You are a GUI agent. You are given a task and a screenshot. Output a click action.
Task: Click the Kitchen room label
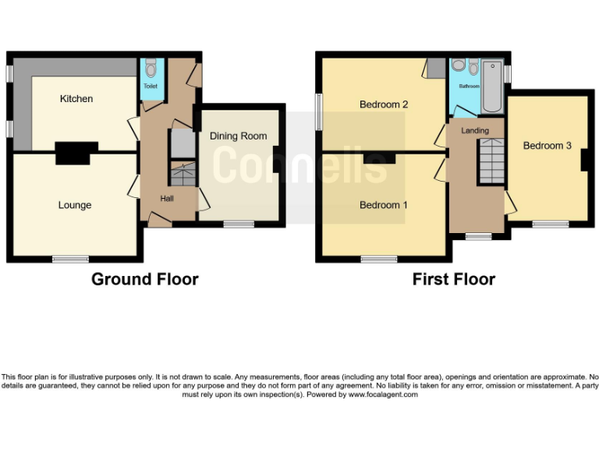coord(76,99)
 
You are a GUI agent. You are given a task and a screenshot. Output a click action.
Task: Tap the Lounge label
coord(75,205)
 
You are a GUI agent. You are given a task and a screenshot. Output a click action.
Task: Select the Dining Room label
coord(238,136)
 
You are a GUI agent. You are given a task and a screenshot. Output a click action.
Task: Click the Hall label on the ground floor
coord(167,199)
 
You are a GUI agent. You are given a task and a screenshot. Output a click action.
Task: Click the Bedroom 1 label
coord(383,205)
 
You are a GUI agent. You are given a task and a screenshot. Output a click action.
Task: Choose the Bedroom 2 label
coord(384,104)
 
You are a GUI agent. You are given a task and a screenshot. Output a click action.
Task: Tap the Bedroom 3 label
coord(547,146)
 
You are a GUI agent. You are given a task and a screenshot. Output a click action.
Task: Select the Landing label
coord(475,130)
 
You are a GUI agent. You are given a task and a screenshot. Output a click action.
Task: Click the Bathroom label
coord(469,87)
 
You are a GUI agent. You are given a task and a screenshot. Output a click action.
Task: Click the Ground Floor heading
coord(145,279)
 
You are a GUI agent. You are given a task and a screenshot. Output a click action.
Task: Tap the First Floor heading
coord(454,279)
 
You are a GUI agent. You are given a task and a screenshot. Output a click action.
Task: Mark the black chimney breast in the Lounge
coord(76,153)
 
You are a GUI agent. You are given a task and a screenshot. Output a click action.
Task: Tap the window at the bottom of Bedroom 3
coord(551,224)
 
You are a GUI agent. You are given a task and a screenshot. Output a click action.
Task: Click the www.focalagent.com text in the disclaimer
coord(383,394)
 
